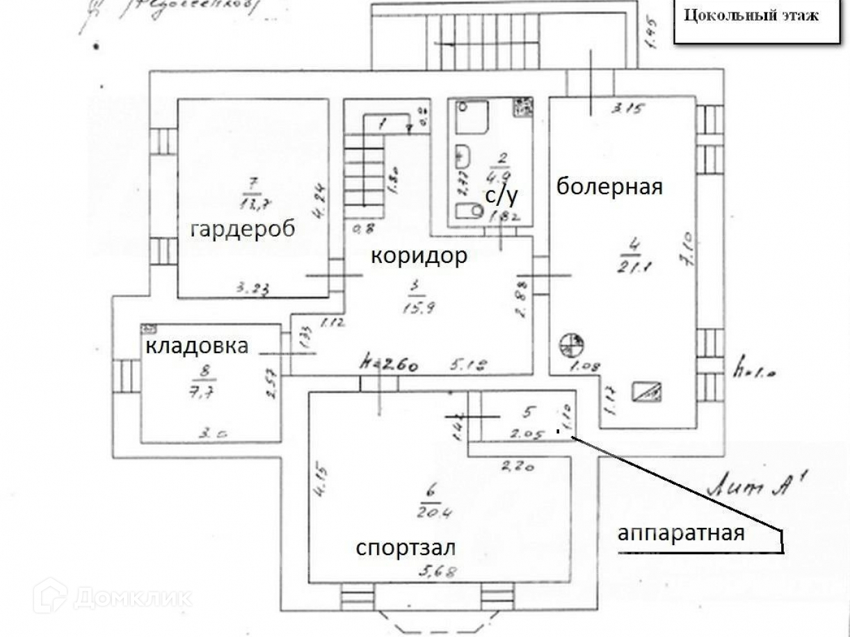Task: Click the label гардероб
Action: click(x=242, y=229)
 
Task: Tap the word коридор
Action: click(x=419, y=255)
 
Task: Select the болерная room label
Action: click(x=609, y=186)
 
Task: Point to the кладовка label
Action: click(x=197, y=346)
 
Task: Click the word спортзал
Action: click(x=406, y=547)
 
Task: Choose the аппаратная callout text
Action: click(x=681, y=533)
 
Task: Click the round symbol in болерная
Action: click(x=572, y=344)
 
